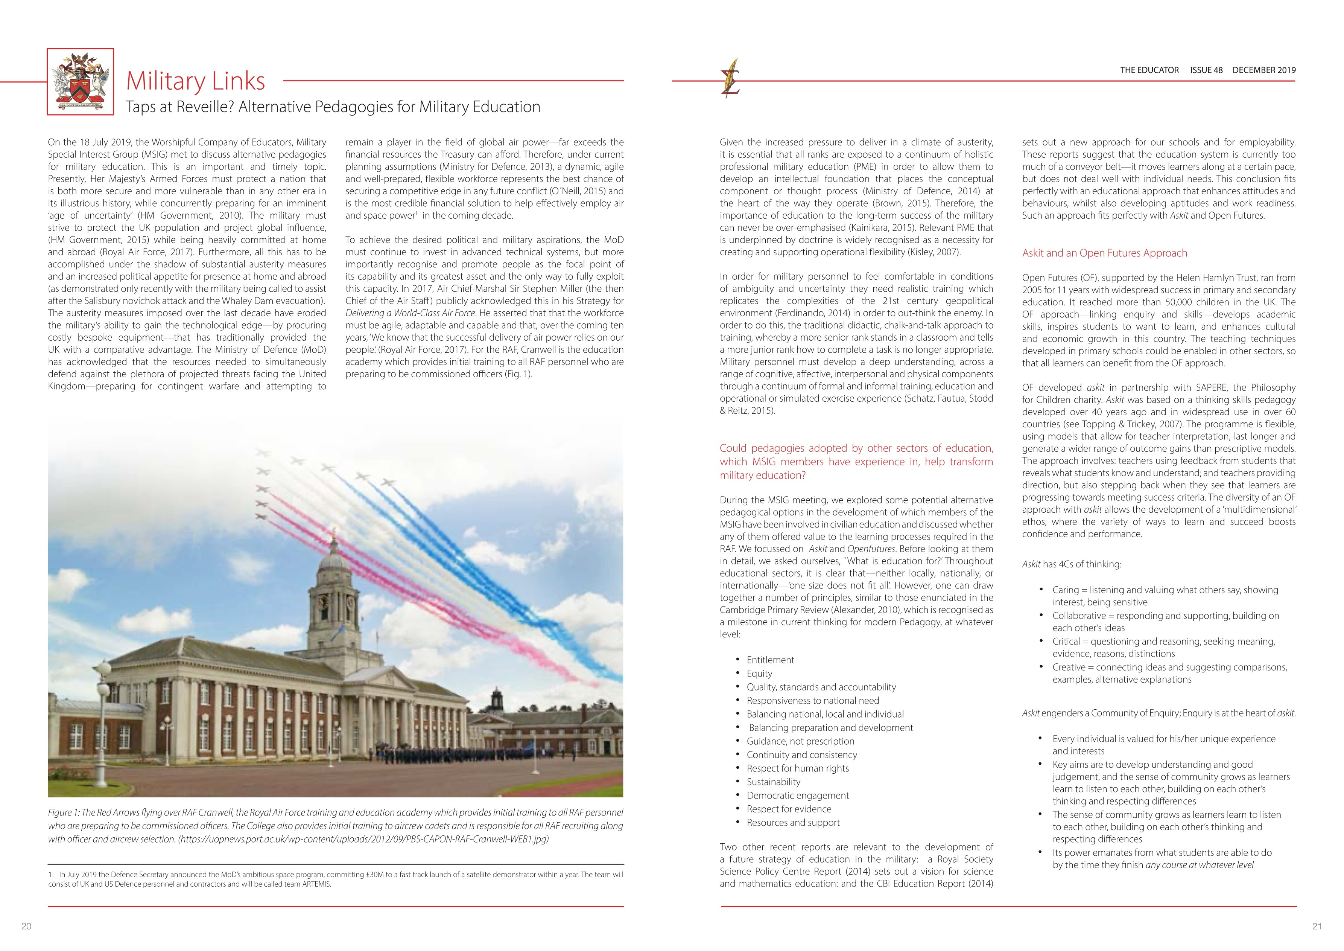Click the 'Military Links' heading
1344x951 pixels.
(196, 81)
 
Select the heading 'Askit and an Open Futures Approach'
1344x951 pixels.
(1105, 253)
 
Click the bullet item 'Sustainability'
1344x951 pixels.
(773, 782)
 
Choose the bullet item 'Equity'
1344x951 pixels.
(759, 674)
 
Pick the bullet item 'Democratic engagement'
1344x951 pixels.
(797, 795)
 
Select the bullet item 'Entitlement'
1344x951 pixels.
(770, 660)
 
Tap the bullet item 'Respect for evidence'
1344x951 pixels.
(789, 809)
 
